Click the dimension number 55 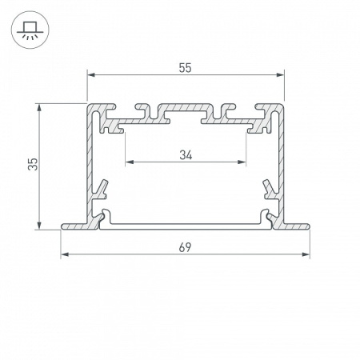tap(185, 68)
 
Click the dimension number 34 tap(186, 155)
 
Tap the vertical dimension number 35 tap(33, 164)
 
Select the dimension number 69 tap(185, 247)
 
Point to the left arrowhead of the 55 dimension tap(91, 75)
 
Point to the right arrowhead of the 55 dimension tap(280, 75)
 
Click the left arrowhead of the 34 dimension tap(130, 162)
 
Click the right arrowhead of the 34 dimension tap(242, 162)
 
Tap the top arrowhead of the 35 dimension tap(39, 108)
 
